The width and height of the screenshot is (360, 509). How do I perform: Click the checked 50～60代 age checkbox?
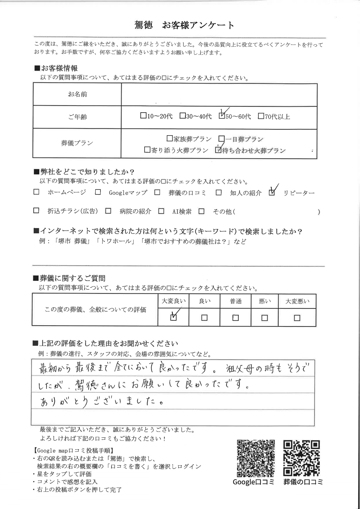(x=222, y=116)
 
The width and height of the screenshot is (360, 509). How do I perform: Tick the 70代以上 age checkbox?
(x=261, y=116)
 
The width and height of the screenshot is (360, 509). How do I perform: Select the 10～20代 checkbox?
(x=143, y=116)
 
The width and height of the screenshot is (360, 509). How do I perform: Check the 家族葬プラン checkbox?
(x=170, y=139)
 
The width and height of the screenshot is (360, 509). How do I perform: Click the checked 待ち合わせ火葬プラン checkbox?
(x=218, y=150)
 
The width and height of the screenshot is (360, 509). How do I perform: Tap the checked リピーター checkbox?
(x=272, y=192)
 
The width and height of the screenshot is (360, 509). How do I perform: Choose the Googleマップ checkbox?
(x=98, y=192)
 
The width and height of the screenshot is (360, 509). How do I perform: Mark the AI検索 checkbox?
(x=161, y=211)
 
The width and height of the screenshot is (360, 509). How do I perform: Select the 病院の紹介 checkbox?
(x=108, y=211)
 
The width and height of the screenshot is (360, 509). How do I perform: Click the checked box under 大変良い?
(x=173, y=317)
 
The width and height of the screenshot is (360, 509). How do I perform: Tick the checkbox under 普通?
(x=235, y=318)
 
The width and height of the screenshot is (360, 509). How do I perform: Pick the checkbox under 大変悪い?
(x=297, y=318)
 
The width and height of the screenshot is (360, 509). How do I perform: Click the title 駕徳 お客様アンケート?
(x=184, y=26)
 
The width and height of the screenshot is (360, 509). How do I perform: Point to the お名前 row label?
(x=77, y=94)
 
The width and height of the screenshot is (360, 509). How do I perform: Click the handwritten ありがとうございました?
(x=102, y=402)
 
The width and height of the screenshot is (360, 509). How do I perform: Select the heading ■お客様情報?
(x=56, y=68)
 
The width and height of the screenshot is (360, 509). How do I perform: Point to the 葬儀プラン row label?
(x=77, y=143)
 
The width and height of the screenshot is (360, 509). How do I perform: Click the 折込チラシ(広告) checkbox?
(x=36, y=211)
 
